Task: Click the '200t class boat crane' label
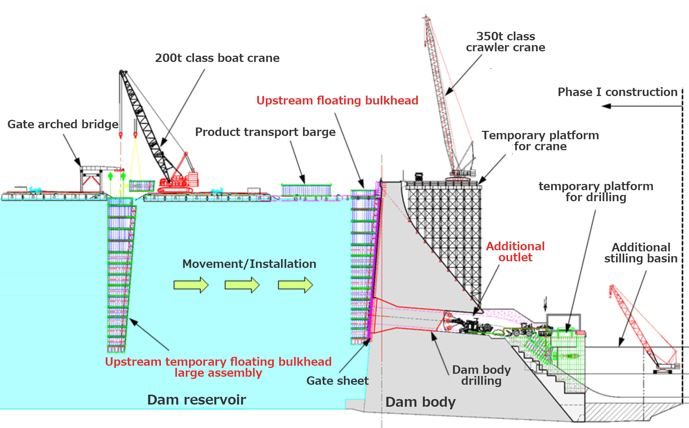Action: click(217, 58)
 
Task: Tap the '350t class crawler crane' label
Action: click(505, 42)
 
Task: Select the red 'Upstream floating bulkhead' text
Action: click(337, 100)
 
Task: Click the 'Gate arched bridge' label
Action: click(63, 124)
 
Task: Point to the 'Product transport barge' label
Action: click(265, 132)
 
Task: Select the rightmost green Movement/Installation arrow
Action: click(295, 285)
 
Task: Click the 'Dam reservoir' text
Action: click(196, 400)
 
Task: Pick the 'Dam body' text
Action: click(420, 402)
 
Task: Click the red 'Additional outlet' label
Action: click(515, 252)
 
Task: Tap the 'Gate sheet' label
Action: click(337, 381)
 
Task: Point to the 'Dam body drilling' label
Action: click(481, 375)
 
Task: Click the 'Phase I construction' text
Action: click(617, 92)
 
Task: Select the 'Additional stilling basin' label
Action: click(641, 253)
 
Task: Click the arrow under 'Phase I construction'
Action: click(641, 106)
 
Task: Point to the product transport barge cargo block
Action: click(306, 190)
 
